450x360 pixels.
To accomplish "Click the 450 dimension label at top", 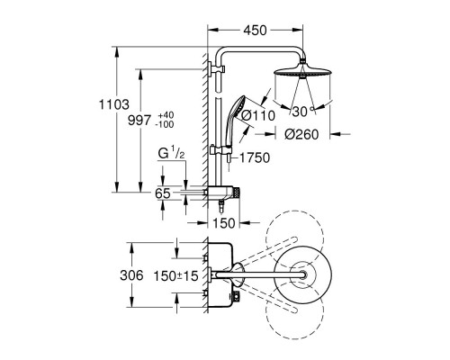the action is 255,31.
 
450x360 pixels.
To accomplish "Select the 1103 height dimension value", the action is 114,104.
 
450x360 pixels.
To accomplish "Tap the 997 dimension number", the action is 139,121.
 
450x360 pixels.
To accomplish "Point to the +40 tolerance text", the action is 166,115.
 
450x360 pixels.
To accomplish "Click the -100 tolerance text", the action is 165,124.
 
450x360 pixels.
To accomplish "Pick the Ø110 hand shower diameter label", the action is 258,116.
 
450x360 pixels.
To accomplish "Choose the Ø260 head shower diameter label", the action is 301,135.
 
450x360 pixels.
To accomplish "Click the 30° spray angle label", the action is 303,112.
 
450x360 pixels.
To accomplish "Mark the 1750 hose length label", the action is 255,157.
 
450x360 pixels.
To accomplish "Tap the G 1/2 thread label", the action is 171,154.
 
